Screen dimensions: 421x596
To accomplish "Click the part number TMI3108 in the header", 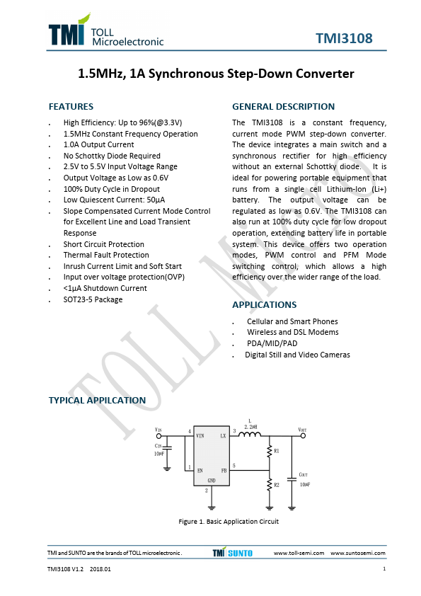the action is coord(344,38).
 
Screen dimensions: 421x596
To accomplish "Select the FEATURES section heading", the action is coord(71,107).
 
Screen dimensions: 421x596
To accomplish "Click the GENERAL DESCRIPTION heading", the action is coord(283,107).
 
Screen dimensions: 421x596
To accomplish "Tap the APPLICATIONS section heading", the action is coord(264,305).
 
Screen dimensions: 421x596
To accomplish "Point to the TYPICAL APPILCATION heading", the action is coord(97,401).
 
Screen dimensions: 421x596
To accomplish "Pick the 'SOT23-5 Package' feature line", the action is coord(93,299).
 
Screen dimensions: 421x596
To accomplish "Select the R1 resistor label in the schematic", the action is coord(277,450).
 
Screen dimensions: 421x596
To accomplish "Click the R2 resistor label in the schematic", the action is coord(277,485).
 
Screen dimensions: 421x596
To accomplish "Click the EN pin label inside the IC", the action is coord(200,469).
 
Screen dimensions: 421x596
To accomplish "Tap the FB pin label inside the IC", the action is coord(224,469).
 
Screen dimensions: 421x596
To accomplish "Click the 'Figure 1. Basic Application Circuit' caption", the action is coord(228,522).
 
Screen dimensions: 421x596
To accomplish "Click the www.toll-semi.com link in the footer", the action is coord(299,553).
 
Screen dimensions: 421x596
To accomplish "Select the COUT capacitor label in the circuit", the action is coord(303,475).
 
